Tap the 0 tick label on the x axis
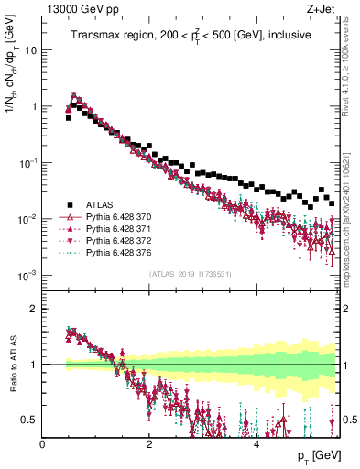[x=43, y=443]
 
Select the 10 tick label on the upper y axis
[x=30, y=49]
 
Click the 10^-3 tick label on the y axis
[x=27, y=275]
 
